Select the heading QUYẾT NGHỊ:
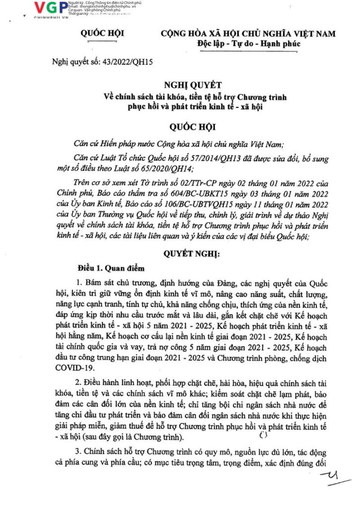(194, 254)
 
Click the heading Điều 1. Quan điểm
(111, 268)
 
